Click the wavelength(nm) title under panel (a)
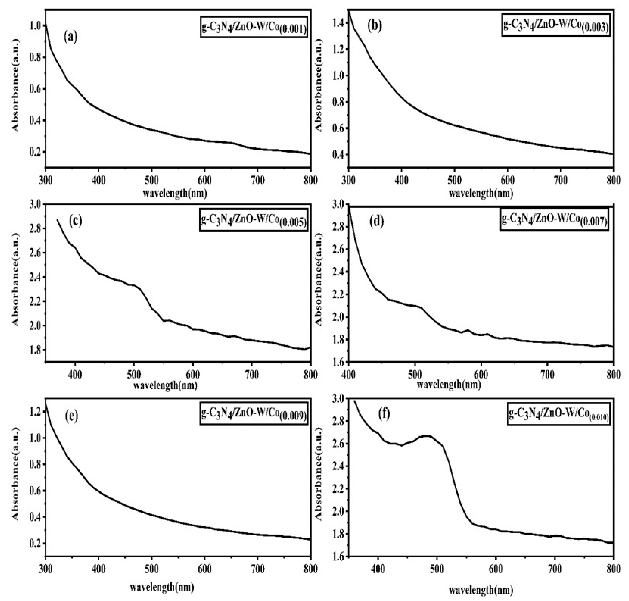click(x=174, y=193)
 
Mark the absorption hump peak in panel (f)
click(x=425, y=436)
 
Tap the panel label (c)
click(x=76, y=221)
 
